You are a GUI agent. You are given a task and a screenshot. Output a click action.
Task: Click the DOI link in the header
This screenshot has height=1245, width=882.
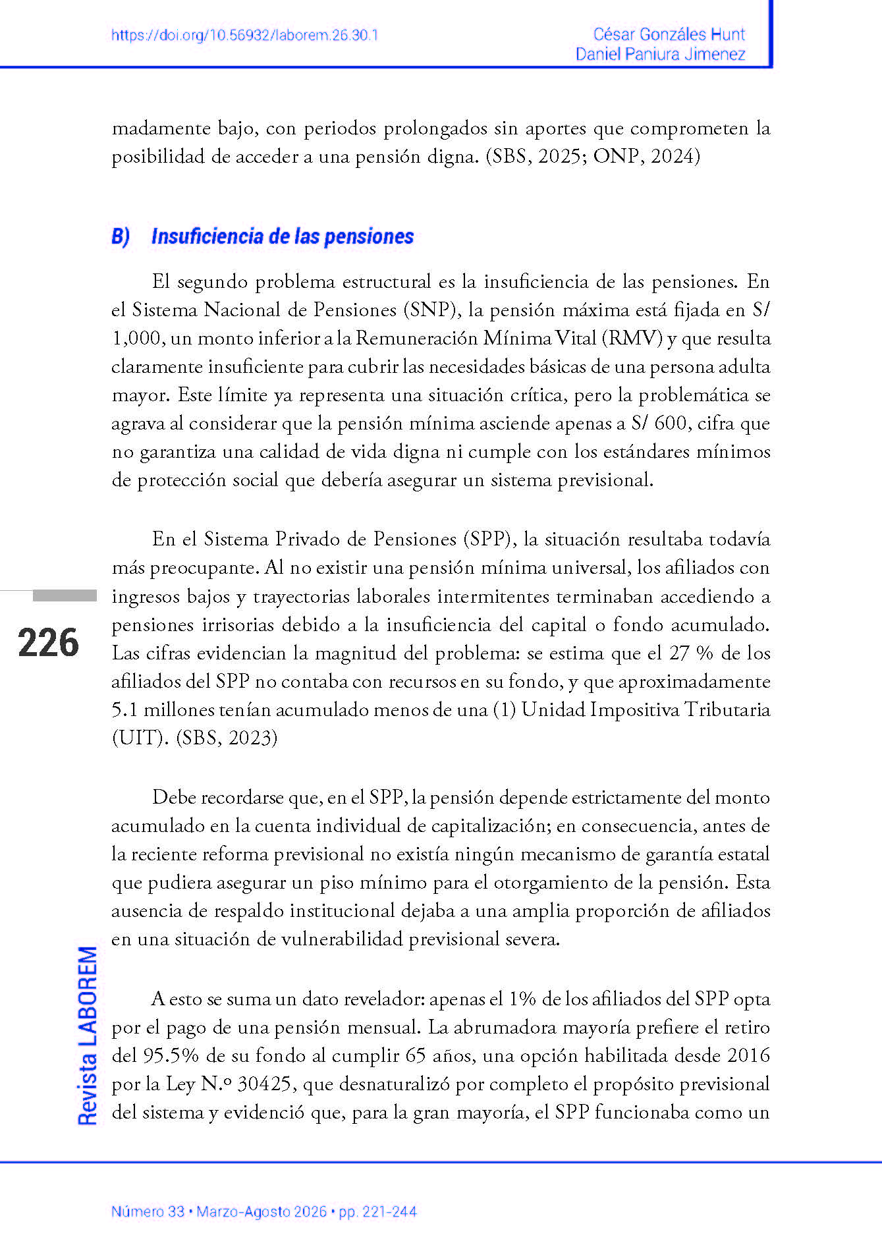click(244, 36)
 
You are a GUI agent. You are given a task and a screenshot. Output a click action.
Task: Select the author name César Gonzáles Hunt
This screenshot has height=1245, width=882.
click(669, 34)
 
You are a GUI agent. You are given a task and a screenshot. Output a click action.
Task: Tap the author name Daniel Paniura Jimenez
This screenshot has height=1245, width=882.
click(660, 54)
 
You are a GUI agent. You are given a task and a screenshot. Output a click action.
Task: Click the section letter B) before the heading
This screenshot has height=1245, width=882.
click(121, 236)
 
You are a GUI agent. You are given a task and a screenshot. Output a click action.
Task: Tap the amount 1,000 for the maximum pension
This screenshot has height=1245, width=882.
click(137, 338)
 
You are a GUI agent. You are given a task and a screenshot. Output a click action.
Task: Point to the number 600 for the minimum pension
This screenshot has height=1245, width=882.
click(671, 423)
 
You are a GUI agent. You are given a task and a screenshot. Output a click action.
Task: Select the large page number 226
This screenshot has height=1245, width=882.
click(48, 643)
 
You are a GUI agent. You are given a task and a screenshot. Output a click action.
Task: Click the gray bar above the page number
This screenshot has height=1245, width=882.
click(65, 595)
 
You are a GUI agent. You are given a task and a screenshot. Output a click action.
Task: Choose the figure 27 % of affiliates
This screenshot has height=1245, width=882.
click(691, 653)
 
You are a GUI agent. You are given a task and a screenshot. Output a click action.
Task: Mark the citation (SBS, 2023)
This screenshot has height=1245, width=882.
click(227, 738)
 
